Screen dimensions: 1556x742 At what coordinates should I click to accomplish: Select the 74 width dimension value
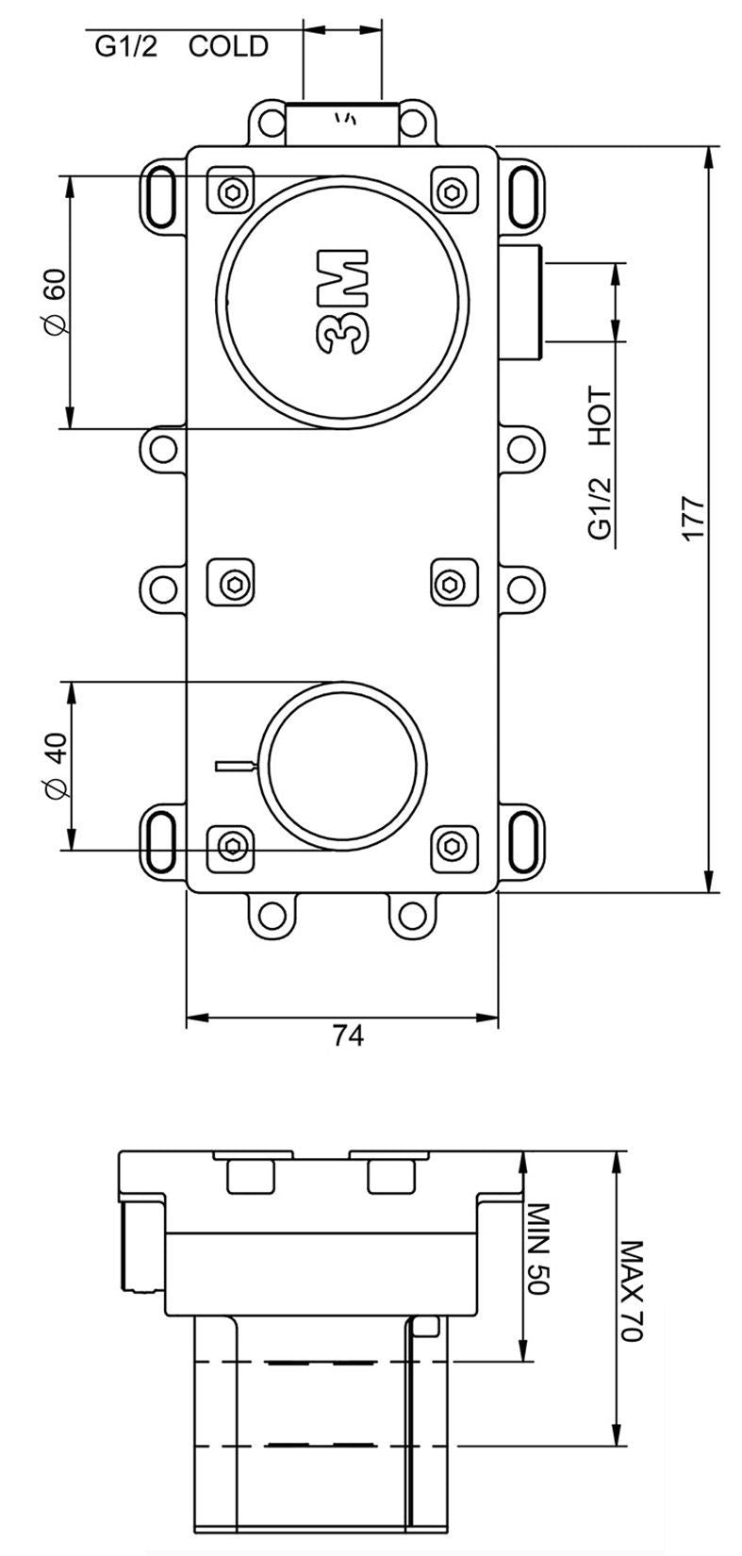[348, 1035]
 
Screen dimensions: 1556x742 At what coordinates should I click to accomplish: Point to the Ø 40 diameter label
[54, 765]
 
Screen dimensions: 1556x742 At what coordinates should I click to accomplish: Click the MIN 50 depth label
[536, 1249]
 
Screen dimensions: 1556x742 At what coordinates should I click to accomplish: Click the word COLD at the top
[228, 46]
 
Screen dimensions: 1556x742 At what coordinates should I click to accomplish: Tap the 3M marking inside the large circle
[340, 302]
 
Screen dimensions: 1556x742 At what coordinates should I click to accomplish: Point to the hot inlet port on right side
[522, 302]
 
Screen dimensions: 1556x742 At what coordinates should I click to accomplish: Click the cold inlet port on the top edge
[342, 123]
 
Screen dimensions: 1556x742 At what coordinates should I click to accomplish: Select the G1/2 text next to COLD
[126, 46]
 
